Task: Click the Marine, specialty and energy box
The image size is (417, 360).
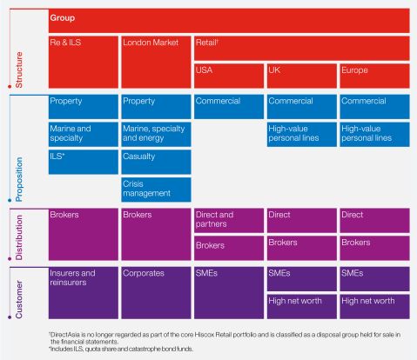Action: point(156,134)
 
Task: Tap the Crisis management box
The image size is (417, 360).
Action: point(156,189)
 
